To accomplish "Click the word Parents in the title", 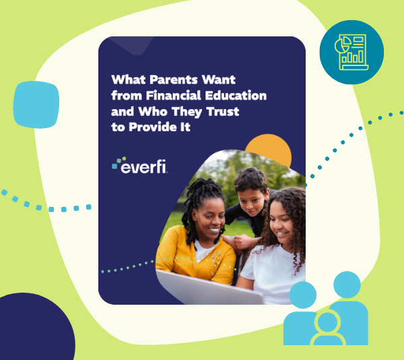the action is (x=174, y=80).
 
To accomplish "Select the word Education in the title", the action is (x=236, y=96).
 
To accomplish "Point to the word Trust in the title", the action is (x=223, y=111).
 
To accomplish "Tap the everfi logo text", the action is (x=143, y=167).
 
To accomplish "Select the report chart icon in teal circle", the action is (x=351, y=53).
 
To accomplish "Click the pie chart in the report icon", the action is (x=343, y=44).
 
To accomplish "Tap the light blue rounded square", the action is (x=36, y=104).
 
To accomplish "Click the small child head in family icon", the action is (x=327, y=322).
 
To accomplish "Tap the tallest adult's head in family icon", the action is (x=347, y=284).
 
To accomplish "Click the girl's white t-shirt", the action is (x=273, y=273).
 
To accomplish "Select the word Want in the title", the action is (x=218, y=80).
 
